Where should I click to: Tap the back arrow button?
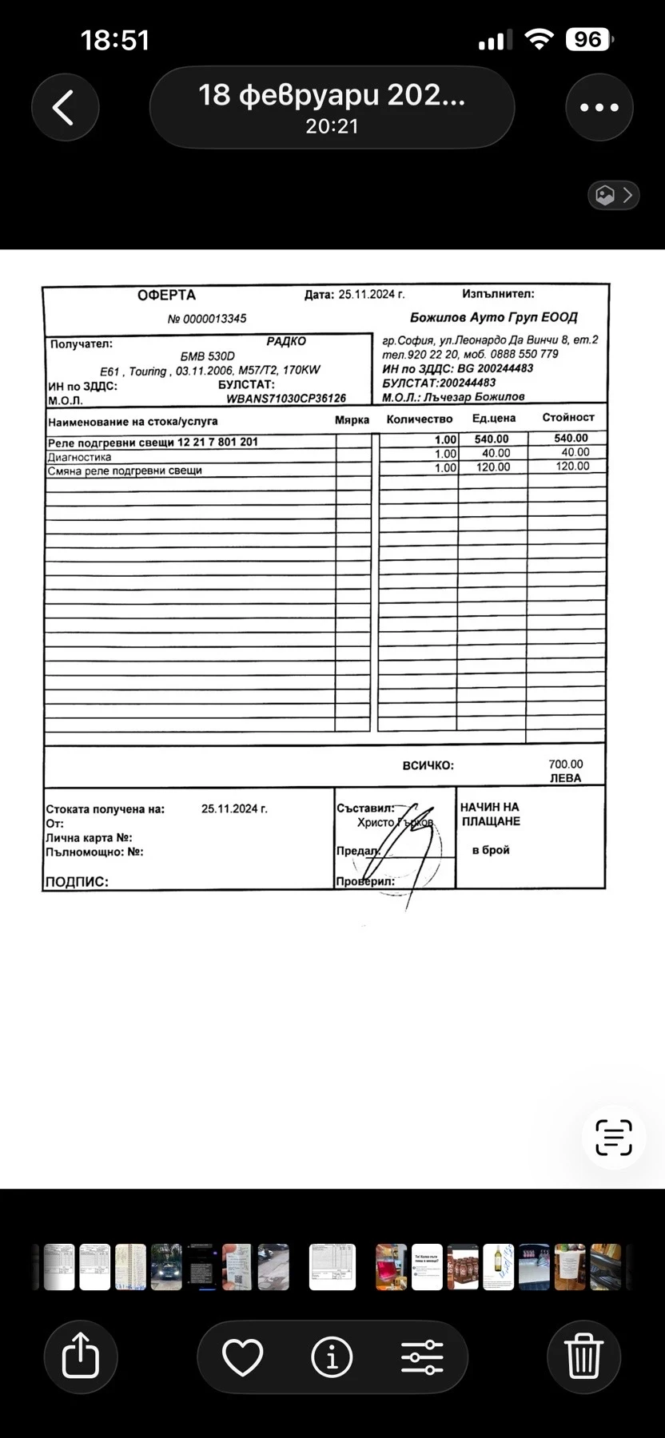pos(65,107)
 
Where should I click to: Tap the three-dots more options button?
pos(599,107)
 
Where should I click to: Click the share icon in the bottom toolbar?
pos(80,1357)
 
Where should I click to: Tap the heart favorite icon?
pos(242,1357)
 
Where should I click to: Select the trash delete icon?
pos(583,1357)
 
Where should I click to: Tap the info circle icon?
pos(332,1357)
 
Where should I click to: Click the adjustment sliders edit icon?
pos(422,1357)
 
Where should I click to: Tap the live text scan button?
pos(614,1138)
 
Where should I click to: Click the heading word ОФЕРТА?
pos(166,295)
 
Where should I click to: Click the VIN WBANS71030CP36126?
pos(286,399)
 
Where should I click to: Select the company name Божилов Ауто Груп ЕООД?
pos(493,317)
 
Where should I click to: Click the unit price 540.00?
pos(492,439)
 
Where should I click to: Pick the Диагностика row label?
pos(79,457)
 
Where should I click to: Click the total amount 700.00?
pos(566,765)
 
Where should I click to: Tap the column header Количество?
pos(419,419)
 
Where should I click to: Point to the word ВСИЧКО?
pos(428,765)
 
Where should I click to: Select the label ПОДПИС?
pos(77,882)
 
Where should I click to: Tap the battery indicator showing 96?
pos(587,39)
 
